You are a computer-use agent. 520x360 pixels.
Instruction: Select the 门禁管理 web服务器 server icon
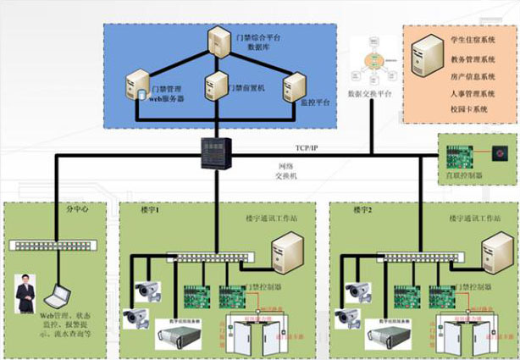click(x=137, y=85)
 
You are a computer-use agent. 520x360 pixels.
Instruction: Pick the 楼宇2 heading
click(x=362, y=209)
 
